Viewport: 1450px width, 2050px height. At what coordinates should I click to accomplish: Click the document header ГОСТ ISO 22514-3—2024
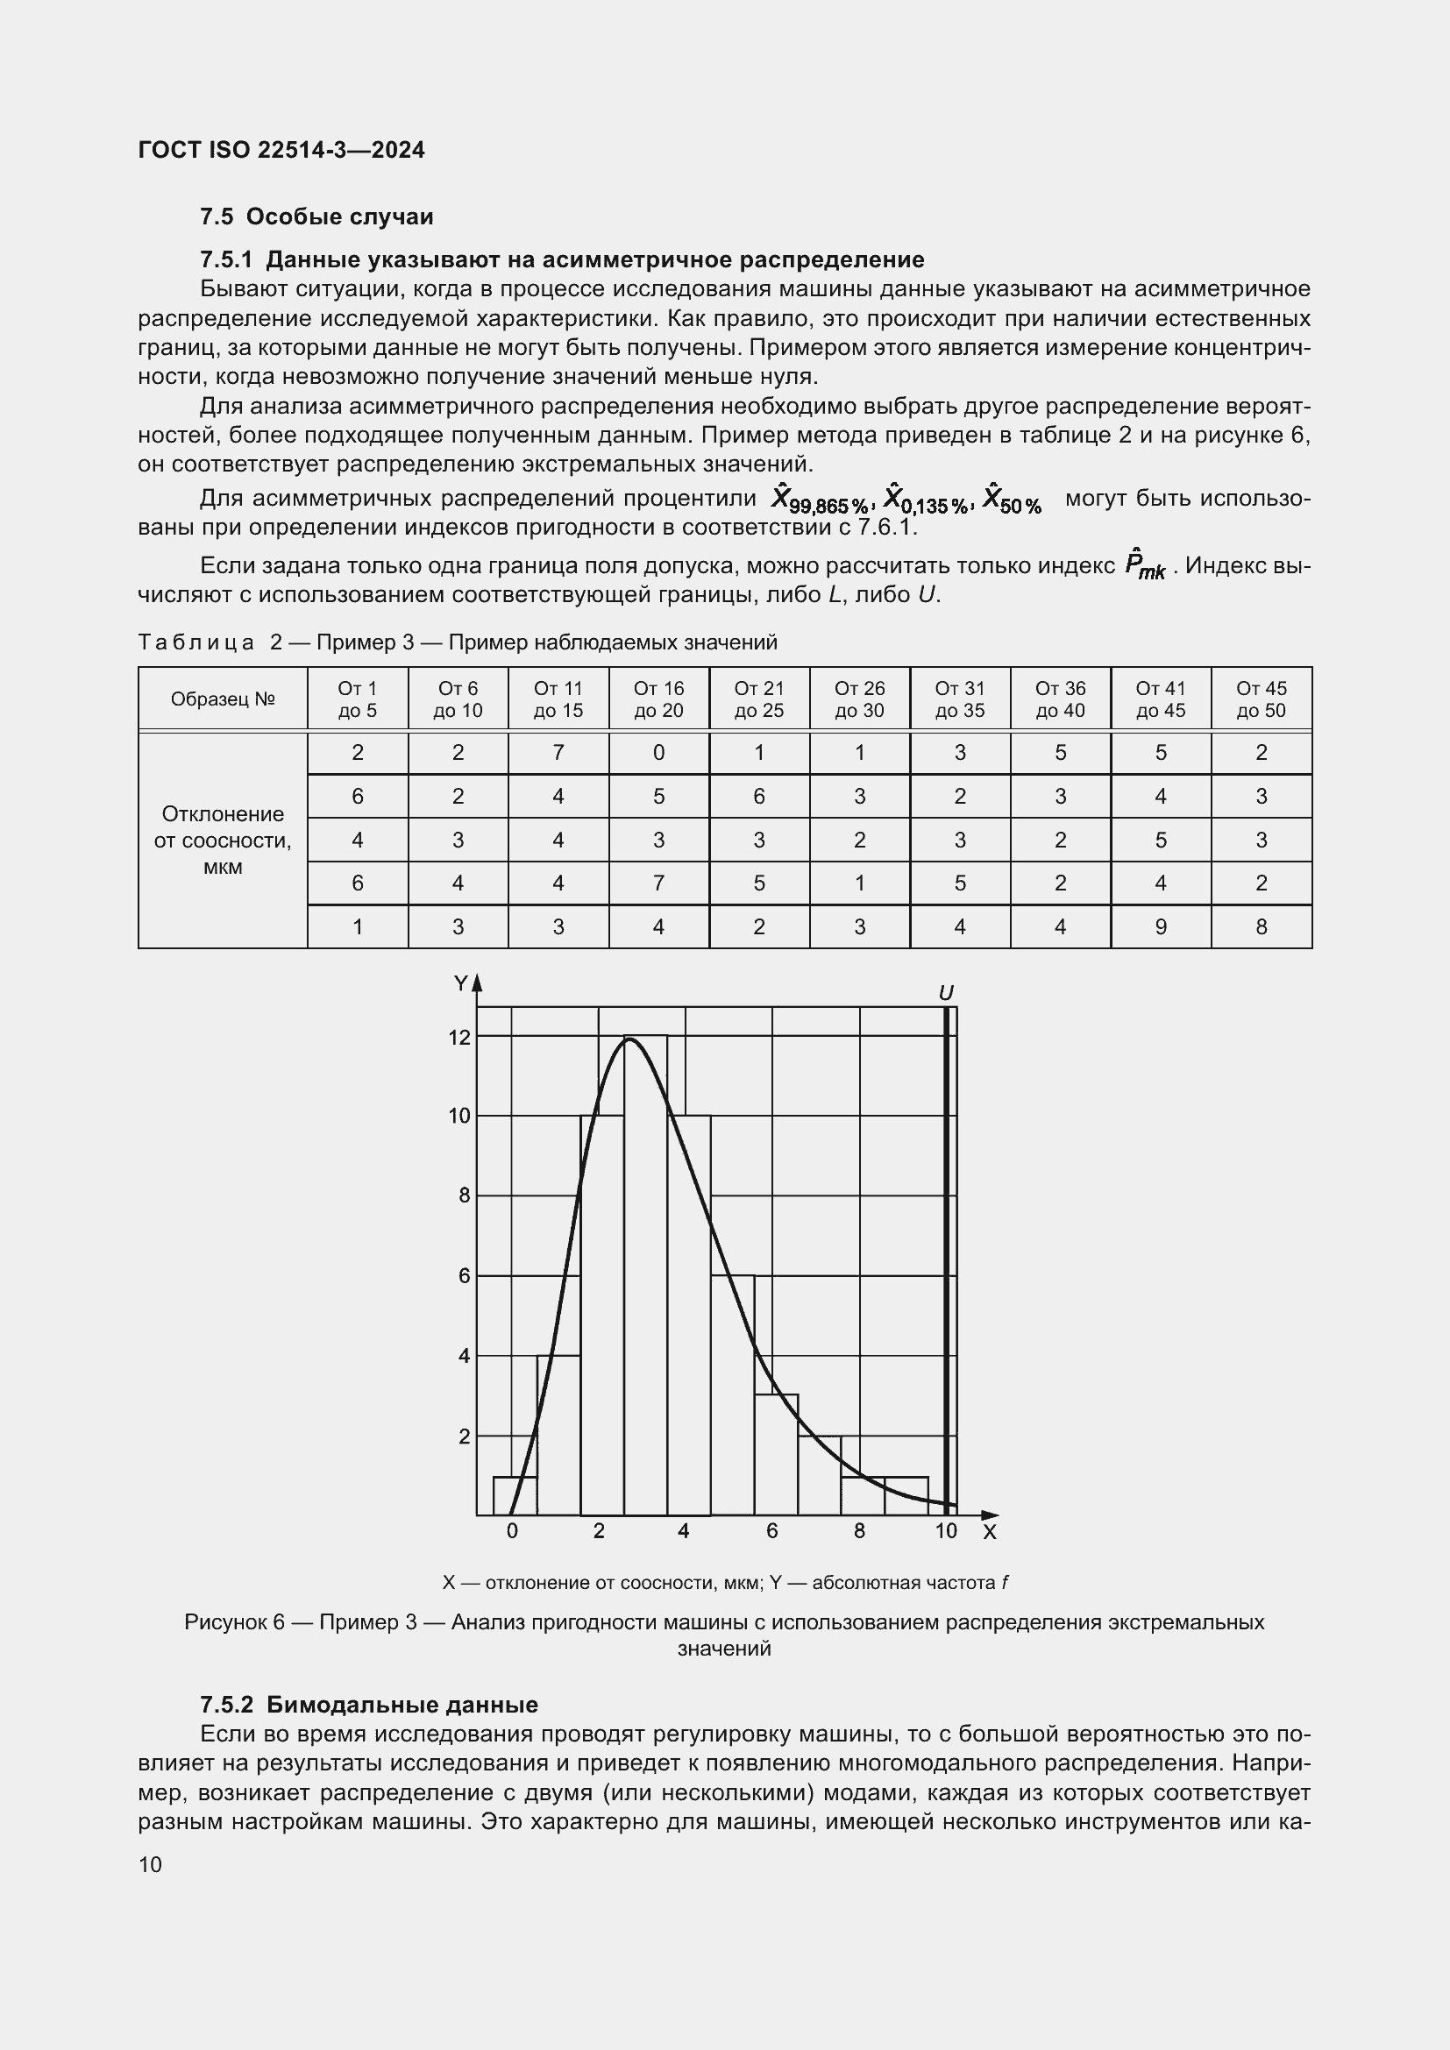tap(281, 150)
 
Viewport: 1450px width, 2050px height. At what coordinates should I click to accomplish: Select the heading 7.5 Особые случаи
tap(316, 217)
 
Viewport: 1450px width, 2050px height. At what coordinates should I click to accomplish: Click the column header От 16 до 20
tap(658, 699)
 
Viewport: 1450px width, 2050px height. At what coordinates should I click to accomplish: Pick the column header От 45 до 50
tap(1261, 699)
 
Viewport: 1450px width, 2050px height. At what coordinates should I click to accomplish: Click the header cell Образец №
tap(223, 699)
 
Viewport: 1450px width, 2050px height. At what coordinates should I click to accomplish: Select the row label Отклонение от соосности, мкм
tap(223, 840)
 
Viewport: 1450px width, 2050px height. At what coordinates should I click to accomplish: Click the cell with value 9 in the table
tap(1160, 926)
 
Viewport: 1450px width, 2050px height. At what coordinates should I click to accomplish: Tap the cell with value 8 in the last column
tap(1261, 926)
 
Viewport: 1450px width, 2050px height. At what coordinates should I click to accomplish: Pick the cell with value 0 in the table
tap(658, 753)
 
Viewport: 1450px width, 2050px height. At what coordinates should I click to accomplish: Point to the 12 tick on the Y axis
tap(458, 1038)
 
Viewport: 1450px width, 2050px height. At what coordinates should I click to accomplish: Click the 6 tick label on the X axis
tap(771, 1531)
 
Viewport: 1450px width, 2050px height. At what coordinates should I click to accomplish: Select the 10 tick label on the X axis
tap(946, 1531)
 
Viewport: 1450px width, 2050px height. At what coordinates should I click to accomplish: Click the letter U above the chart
tap(947, 993)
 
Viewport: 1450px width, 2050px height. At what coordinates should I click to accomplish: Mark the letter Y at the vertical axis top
tap(461, 984)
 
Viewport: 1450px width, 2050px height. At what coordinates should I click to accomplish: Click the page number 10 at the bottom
tap(150, 1864)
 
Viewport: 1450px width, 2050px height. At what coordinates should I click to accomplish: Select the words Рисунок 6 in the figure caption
tap(234, 1622)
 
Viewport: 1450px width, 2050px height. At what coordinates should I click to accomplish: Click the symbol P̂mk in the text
tap(1144, 567)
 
